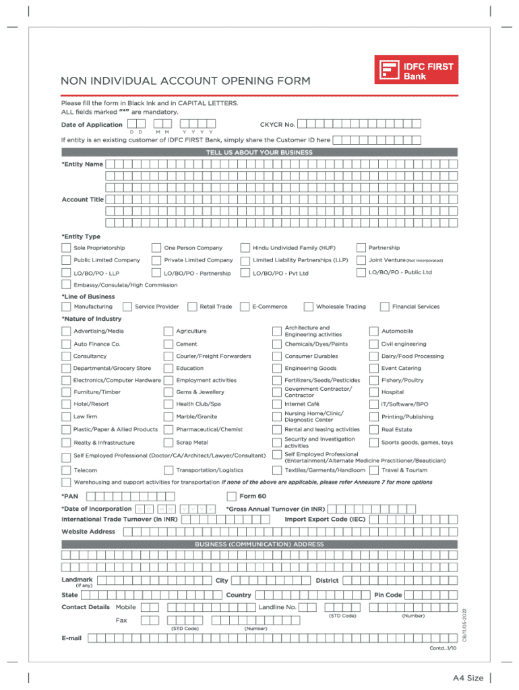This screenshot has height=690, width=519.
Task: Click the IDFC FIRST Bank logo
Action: [x=416, y=70]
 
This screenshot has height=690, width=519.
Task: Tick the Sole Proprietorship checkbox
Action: [x=66, y=248]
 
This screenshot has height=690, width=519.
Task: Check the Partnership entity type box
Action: [x=361, y=248]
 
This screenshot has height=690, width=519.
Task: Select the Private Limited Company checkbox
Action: [x=156, y=260]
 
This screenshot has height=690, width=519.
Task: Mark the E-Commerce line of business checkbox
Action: [x=245, y=307]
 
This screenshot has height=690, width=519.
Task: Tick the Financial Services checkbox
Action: [x=384, y=307]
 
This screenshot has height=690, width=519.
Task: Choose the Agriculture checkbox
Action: [x=169, y=331]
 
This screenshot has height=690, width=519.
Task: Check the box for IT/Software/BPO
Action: [x=373, y=404]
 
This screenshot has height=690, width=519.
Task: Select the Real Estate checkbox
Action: [x=373, y=429]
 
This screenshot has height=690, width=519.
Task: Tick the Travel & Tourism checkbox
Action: [x=373, y=470]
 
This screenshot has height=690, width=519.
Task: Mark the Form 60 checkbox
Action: [x=232, y=497]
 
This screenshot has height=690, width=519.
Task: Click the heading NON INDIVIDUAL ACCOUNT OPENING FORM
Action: [x=185, y=82]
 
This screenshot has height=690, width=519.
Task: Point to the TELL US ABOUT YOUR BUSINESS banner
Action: [x=259, y=153]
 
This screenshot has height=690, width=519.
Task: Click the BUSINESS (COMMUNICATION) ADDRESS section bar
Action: [x=259, y=544]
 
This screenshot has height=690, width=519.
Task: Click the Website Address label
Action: [x=88, y=532]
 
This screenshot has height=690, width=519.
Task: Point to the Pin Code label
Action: [x=388, y=595]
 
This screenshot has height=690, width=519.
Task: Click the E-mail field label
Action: [x=71, y=637]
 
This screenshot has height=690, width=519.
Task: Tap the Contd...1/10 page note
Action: [x=443, y=648]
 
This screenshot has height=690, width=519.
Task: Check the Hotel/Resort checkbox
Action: [x=66, y=404]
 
